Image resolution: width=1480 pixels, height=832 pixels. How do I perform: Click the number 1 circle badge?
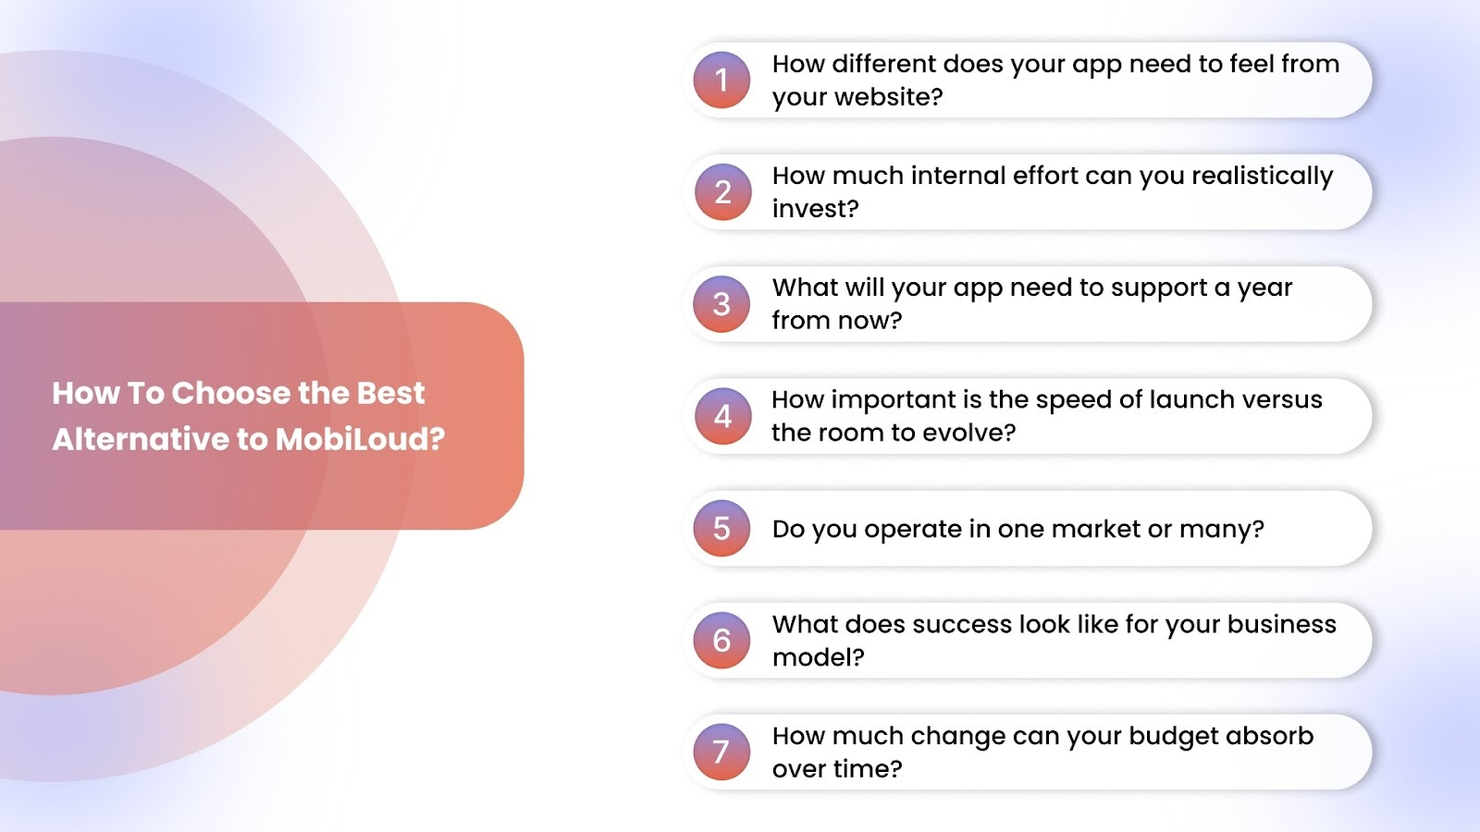(721, 80)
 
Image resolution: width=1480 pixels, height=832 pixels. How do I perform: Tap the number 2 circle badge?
(722, 192)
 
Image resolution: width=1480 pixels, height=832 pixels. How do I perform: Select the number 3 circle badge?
(721, 304)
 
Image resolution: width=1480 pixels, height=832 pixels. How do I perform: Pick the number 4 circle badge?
(722, 416)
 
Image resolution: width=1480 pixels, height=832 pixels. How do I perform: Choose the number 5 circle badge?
(721, 528)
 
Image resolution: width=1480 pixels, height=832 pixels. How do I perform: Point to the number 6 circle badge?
(721, 640)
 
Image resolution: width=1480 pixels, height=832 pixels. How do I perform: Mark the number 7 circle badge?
(721, 752)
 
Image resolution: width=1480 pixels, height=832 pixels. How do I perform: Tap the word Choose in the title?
(230, 393)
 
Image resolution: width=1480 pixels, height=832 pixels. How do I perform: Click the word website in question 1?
(888, 97)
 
